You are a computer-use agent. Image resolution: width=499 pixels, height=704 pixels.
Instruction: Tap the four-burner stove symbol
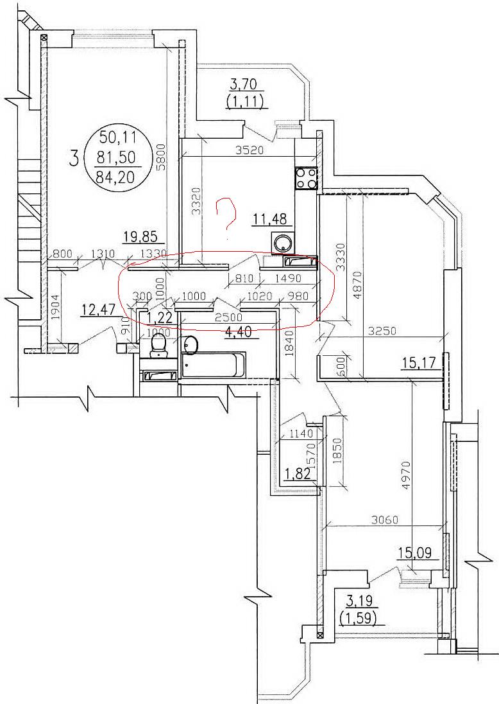[x=306, y=178]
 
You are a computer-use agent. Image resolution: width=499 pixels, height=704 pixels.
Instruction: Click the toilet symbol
[x=158, y=345]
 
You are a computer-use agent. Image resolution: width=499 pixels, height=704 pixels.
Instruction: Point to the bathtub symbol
[x=214, y=365]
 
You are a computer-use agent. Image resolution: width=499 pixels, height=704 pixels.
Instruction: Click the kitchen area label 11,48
[x=271, y=220]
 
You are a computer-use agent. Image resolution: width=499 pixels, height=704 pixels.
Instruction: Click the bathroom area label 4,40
[x=239, y=333]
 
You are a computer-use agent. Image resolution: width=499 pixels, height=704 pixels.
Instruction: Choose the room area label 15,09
[x=415, y=552]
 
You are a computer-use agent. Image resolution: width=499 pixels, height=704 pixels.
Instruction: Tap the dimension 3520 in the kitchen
[x=250, y=150]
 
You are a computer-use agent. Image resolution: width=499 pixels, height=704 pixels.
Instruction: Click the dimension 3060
[x=385, y=520]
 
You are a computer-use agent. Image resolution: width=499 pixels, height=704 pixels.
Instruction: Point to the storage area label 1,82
[x=298, y=473]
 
